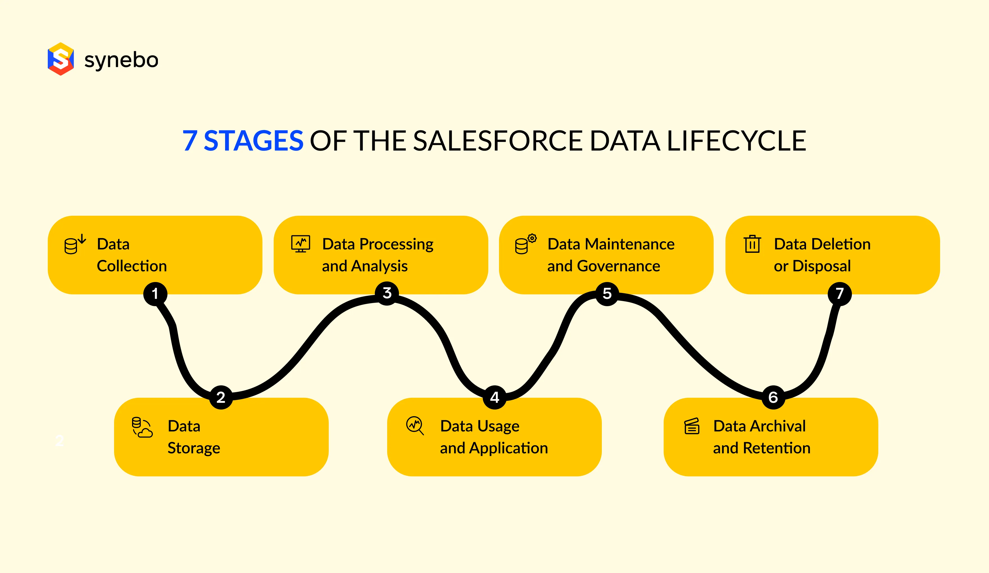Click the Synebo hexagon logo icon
point(61,59)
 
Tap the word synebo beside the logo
point(121,60)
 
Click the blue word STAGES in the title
point(253,141)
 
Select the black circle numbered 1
point(155,294)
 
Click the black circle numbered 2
point(221,397)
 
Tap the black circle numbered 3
point(387,293)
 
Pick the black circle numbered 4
point(494,397)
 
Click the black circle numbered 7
point(840,294)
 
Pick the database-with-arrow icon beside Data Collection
point(74,244)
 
